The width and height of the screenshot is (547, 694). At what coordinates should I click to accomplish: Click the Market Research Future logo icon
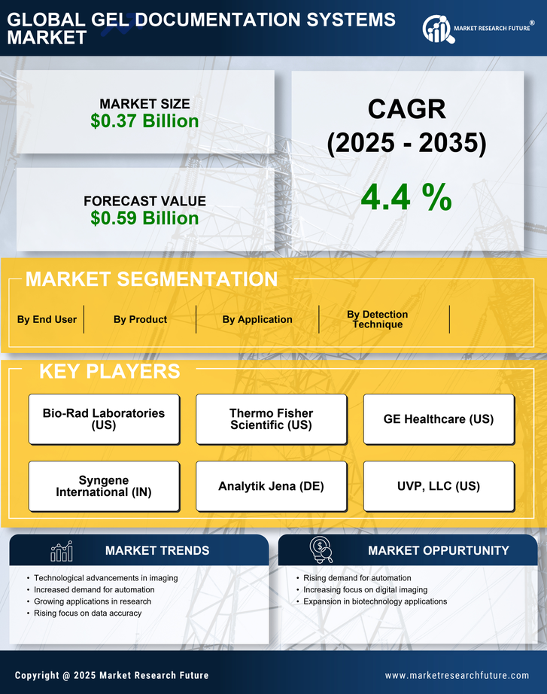tap(437, 29)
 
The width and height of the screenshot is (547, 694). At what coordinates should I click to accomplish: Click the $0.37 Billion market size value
tap(144, 121)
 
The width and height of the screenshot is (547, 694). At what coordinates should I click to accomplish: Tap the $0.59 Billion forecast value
tap(144, 218)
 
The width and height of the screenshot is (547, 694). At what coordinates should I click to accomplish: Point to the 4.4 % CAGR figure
tap(406, 197)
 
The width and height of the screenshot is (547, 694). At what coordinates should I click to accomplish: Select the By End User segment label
tap(47, 319)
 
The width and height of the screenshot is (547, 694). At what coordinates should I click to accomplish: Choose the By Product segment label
tap(140, 319)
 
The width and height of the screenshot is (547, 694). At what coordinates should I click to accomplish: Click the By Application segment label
tap(257, 319)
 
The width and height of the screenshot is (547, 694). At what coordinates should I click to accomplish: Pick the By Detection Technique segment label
tap(377, 319)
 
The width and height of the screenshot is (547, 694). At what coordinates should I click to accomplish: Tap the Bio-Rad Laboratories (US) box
tap(104, 419)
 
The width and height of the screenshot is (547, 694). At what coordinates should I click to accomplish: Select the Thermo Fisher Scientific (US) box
tap(271, 419)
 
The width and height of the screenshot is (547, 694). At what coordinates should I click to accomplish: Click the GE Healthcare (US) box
tap(439, 419)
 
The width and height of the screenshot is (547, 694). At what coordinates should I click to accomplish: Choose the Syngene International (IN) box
tap(104, 486)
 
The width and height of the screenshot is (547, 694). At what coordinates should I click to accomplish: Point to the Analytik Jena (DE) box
tap(271, 486)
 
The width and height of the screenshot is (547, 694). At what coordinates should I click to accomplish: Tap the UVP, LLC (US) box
tap(439, 486)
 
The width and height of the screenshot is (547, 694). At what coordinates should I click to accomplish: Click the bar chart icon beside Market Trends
tap(62, 551)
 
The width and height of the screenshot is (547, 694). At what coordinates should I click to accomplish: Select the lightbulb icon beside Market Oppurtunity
tap(321, 550)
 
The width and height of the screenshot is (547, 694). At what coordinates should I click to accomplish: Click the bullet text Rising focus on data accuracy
tap(87, 613)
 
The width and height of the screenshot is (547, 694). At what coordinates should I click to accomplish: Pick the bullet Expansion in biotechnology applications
tap(375, 601)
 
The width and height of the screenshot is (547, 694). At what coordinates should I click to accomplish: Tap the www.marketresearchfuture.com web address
tap(457, 675)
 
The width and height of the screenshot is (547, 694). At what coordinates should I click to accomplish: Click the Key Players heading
tap(109, 371)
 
